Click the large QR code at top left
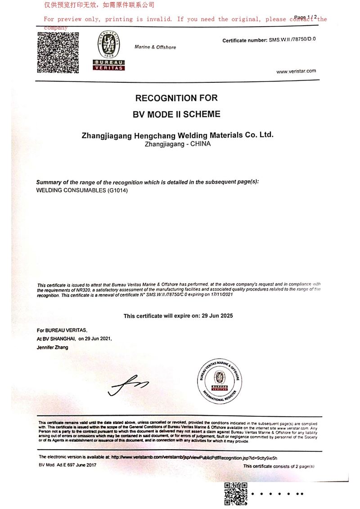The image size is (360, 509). pos(58,53)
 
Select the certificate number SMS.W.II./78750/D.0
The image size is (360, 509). pos(292,40)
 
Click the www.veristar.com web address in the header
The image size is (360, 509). pos(296,71)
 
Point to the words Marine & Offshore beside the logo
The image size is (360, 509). pos(155,47)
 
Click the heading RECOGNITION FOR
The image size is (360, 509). pos(176,98)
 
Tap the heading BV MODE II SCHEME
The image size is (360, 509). pos(176,114)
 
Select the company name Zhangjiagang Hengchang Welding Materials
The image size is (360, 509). pos(177,135)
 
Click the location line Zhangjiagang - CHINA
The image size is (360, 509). pos(178,144)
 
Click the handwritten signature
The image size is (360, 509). pos(128,385)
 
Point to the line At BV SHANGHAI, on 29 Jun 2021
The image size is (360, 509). pos(74,338)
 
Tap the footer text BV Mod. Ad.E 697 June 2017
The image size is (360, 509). pos(67,465)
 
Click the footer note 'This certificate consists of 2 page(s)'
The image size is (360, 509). pos(279,466)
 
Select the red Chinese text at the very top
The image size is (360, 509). pos(99,5)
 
